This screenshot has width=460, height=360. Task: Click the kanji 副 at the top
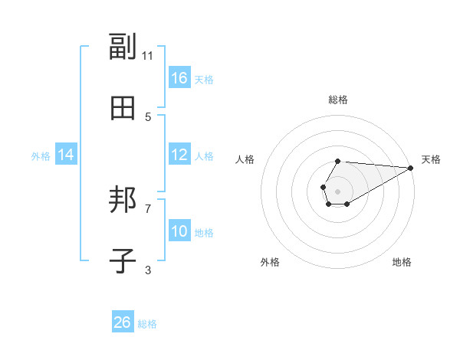tap(123, 47)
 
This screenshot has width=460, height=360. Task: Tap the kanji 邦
tap(123, 201)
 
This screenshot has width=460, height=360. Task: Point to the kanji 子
tap(123, 261)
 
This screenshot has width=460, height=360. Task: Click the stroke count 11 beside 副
tap(148, 55)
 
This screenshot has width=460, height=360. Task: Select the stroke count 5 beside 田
tap(148, 116)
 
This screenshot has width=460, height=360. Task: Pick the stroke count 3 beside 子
tap(148, 270)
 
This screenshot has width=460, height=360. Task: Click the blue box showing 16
tap(179, 78)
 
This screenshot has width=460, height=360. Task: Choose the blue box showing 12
tap(179, 155)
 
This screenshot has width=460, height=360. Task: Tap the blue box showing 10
tap(179, 231)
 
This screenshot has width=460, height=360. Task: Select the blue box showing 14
tap(66, 155)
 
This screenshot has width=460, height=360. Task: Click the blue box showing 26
tap(123, 322)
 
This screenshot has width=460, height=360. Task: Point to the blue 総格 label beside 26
tap(147, 324)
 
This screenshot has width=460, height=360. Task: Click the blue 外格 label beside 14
tap(41, 155)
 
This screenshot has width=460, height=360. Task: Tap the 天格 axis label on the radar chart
tap(432, 159)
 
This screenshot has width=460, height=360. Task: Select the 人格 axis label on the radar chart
tap(245, 159)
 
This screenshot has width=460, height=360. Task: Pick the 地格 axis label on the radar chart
tap(402, 262)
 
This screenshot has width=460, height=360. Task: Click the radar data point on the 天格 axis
tap(410, 168)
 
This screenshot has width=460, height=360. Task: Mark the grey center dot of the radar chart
tap(337, 190)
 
